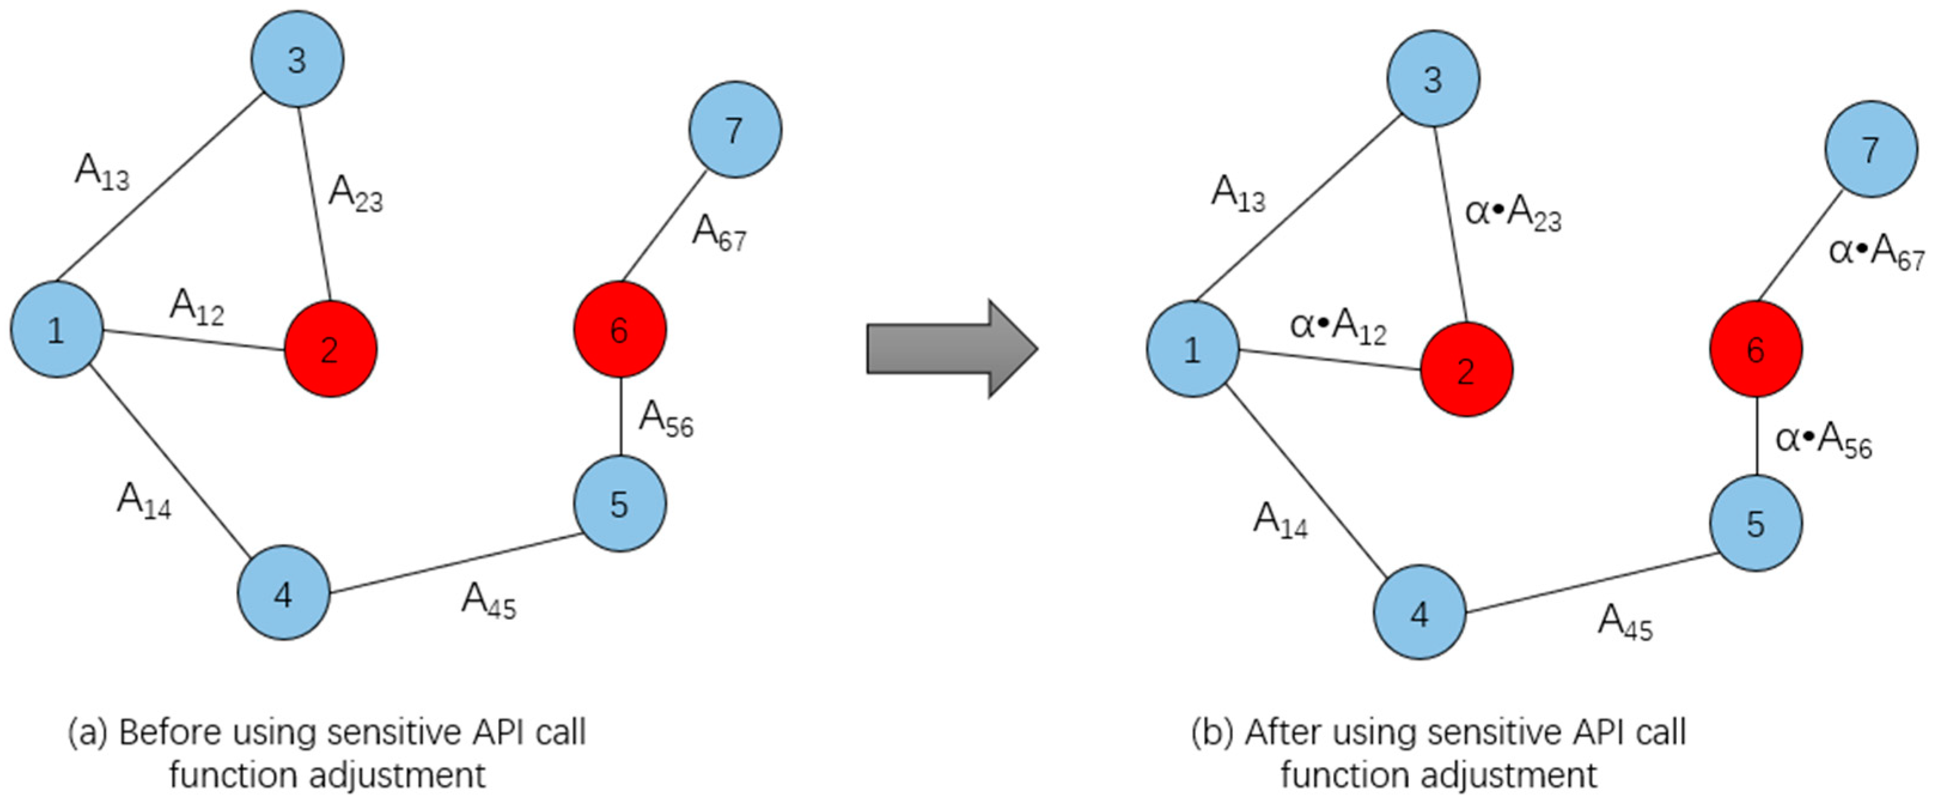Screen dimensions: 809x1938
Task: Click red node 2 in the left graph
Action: coord(330,350)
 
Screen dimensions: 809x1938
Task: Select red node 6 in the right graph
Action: coord(1755,350)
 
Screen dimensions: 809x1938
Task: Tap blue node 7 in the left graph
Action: coord(735,129)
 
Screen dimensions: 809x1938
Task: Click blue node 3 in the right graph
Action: coord(1433,79)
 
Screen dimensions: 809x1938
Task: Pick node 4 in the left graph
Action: coord(283,594)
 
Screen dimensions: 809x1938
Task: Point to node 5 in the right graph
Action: coord(1755,523)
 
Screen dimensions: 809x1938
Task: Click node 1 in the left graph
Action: coord(56,329)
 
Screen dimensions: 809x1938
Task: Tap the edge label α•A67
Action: coord(1876,252)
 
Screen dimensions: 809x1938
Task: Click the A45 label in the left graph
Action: coord(489,602)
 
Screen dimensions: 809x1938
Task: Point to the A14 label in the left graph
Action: coord(144,500)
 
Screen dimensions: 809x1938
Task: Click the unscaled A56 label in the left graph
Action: coord(666,419)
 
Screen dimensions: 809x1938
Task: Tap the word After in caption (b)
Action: coord(1277,732)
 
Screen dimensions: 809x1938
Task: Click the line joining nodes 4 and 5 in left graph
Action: coord(451,564)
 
